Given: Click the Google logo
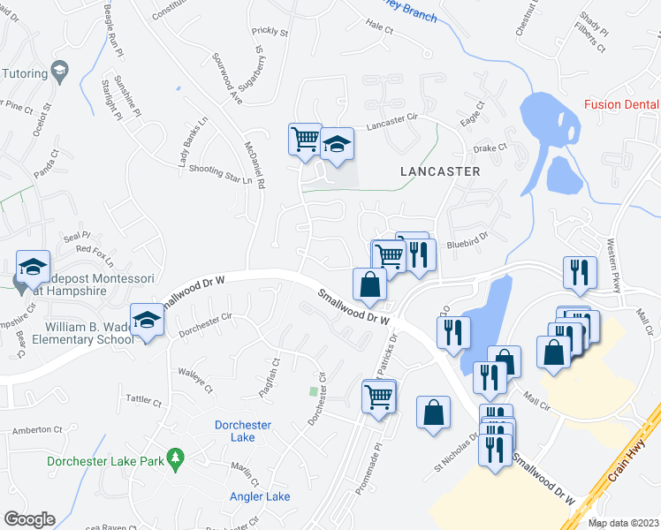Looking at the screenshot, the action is click(28, 519).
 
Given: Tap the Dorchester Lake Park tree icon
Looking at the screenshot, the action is click(177, 458).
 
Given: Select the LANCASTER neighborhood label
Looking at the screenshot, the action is click(439, 171).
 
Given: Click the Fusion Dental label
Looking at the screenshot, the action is click(622, 105).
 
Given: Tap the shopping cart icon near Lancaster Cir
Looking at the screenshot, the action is click(304, 139).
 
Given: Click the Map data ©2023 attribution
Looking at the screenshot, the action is click(623, 523).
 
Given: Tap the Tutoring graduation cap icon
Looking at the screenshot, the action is click(59, 71).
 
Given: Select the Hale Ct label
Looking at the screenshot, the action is click(379, 27).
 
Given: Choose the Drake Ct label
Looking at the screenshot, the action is click(490, 148).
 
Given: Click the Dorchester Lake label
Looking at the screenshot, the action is click(242, 431).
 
